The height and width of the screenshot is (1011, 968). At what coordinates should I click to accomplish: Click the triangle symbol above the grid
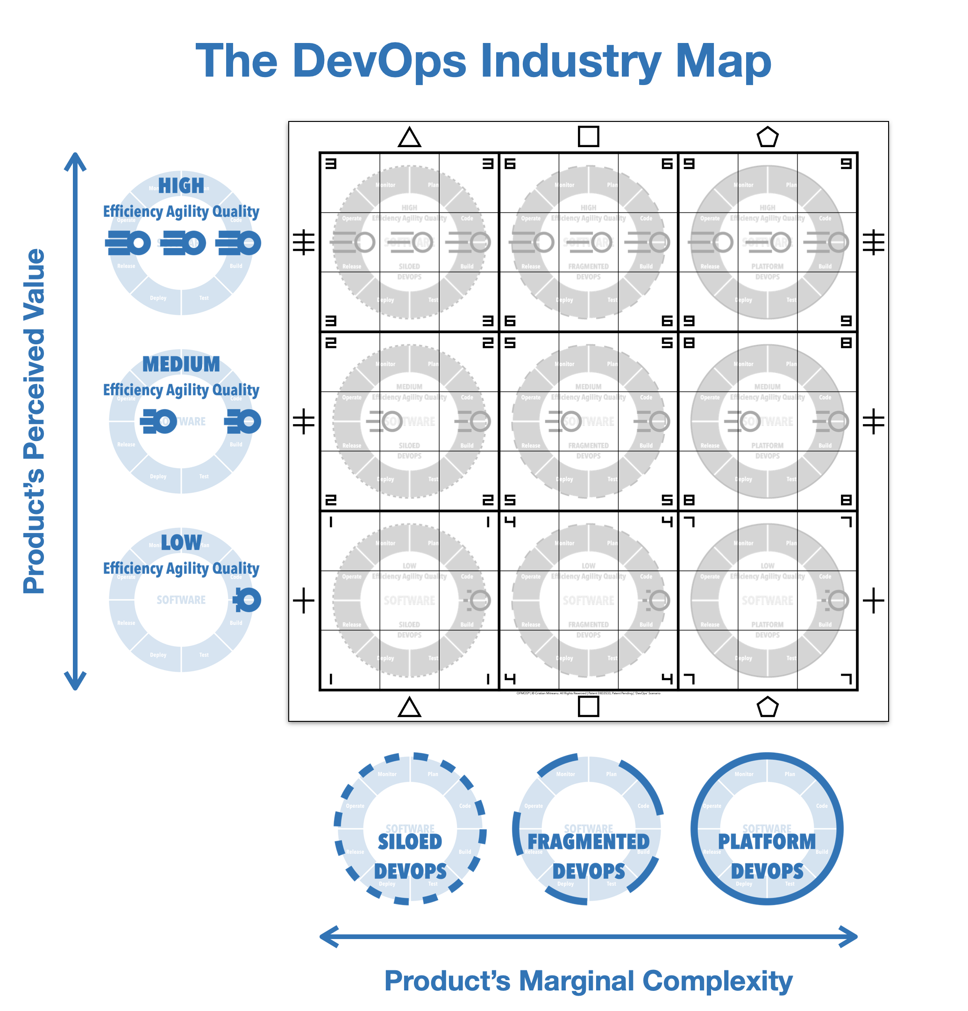point(409,138)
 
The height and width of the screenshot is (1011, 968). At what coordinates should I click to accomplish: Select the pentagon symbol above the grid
point(768,137)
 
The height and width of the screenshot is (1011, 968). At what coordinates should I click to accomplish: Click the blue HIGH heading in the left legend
point(181,185)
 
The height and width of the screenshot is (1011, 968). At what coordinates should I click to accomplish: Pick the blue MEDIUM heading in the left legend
point(181,364)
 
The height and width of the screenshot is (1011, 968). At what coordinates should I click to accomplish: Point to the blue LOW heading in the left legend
point(181,542)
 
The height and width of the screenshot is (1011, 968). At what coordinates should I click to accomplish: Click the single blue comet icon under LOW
point(247,600)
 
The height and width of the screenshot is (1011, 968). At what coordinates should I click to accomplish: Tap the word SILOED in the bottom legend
point(410,842)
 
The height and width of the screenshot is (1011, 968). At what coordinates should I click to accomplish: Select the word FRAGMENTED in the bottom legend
point(589,842)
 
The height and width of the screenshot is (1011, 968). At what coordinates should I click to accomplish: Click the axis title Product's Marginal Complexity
point(589,981)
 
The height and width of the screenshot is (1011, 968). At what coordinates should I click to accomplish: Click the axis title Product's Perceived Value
point(35,421)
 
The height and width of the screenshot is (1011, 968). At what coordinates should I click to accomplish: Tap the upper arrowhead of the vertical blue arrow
point(75,160)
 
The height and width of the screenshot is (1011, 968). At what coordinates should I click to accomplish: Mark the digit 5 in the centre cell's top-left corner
point(510,343)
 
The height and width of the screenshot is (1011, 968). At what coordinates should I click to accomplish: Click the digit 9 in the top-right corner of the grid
point(846,164)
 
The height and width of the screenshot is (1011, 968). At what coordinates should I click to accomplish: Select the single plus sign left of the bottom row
point(304,600)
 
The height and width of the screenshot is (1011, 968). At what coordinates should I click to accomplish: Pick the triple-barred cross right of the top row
point(874,242)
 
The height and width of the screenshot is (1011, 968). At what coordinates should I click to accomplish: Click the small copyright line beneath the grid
point(589,693)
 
